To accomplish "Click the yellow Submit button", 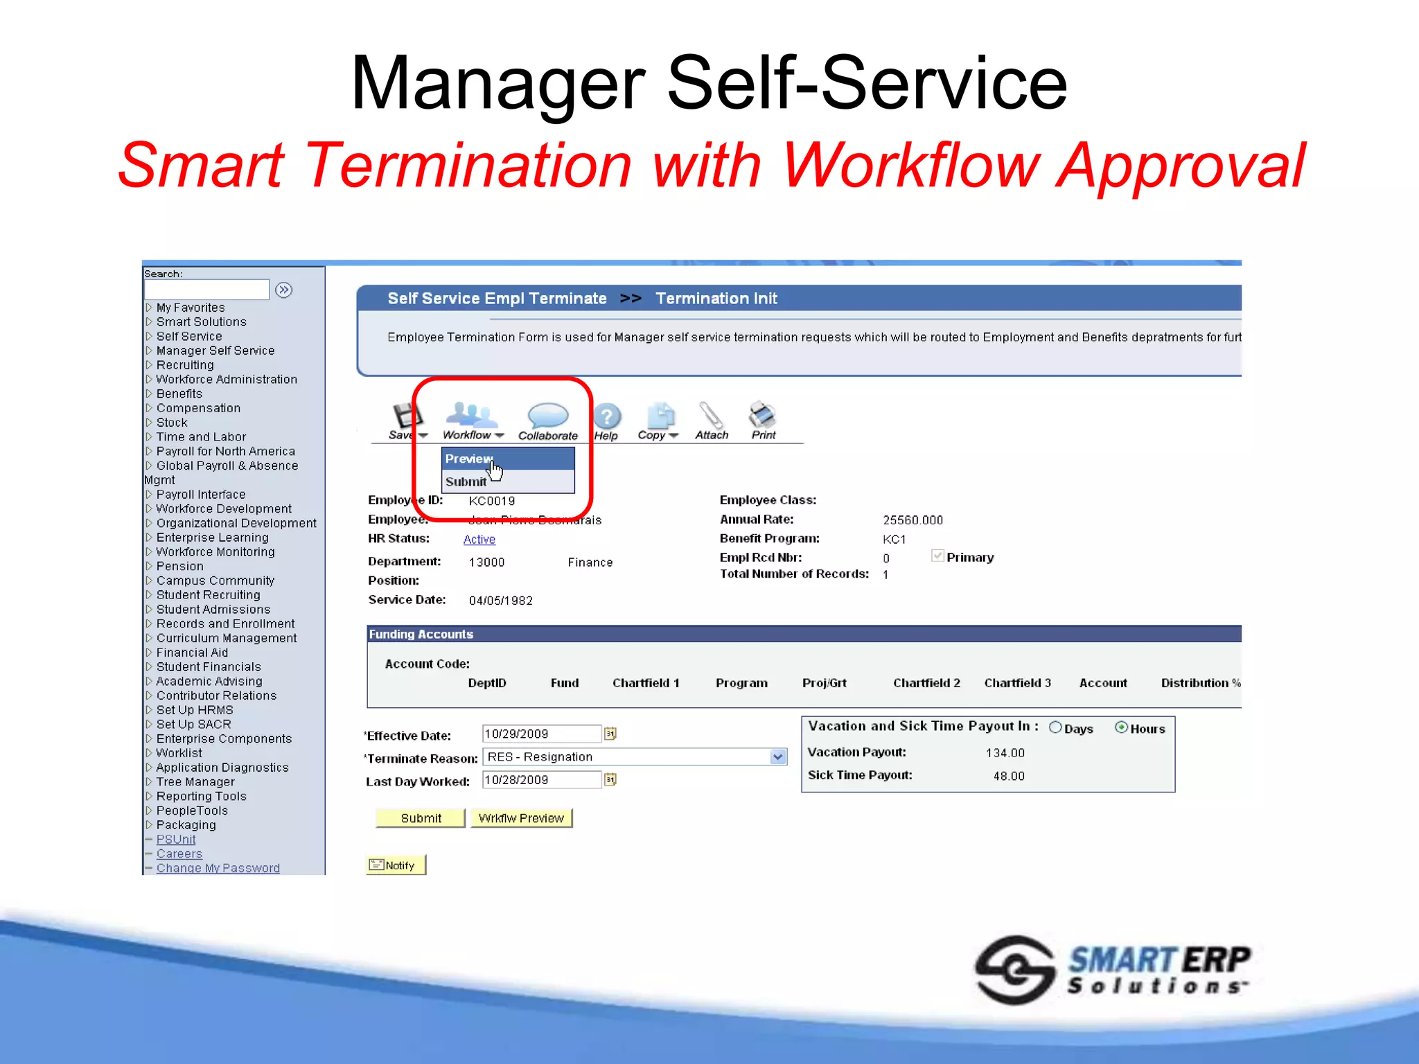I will pyautogui.click(x=420, y=818).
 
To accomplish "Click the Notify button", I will pyautogui.click(x=395, y=865).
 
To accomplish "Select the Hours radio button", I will pyautogui.click(x=1121, y=727).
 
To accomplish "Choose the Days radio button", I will pyautogui.click(x=1055, y=727).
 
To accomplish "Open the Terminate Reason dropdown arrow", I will pyautogui.click(x=778, y=757).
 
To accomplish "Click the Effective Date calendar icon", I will pyautogui.click(x=610, y=734).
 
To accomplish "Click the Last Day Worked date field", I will pyautogui.click(x=541, y=780).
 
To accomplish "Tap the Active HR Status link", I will pyautogui.click(x=479, y=540).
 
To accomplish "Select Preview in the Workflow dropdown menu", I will pyautogui.click(x=469, y=459).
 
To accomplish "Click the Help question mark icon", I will pyautogui.click(x=607, y=417).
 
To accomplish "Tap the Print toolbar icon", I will pyautogui.click(x=763, y=416).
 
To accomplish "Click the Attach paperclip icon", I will pyautogui.click(x=711, y=416).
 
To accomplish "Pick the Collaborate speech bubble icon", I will pyautogui.click(x=547, y=416).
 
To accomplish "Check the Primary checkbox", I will pyautogui.click(x=937, y=556).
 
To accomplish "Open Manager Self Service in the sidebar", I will pyautogui.click(x=215, y=351).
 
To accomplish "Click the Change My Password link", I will pyautogui.click(x=218, y=868).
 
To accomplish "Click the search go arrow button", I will pyautogui.click(x=284, y=290).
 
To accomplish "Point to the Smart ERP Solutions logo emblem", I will pyautogui.click(x=1014, y=970).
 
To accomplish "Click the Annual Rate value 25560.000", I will pyautogui.click(x=913, y=520).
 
